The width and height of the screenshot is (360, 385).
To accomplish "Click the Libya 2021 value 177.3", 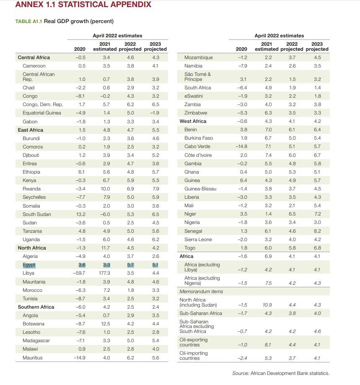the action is (104, 273).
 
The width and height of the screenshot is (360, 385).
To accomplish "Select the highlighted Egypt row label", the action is (29, 265).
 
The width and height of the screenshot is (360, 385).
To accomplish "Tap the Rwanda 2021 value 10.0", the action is (105, 189).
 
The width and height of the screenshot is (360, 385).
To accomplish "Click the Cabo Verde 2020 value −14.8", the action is (241, 147).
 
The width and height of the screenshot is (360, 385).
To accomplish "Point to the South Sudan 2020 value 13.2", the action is (81, 214).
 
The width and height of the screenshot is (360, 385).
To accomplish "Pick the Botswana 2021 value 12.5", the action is (106, 324).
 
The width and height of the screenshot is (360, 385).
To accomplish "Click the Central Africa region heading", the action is (34, 57).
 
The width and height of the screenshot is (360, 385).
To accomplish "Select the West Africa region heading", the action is (193, 121).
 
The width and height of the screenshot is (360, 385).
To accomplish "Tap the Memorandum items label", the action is (201, 291).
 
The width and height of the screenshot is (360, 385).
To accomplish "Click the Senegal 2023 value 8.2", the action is (317, 231).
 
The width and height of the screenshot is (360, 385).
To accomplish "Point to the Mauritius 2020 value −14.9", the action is (80, 358).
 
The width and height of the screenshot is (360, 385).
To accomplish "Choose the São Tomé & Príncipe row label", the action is (197, 77).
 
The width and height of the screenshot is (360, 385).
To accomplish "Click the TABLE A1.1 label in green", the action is (29, 21).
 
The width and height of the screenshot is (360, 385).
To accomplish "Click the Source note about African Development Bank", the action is (281, 373).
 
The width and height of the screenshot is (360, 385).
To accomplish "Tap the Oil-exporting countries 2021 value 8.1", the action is (268, 345).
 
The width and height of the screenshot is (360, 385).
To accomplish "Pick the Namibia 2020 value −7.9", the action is (243, 66).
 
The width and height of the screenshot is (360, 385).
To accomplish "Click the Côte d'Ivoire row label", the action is (198, 155).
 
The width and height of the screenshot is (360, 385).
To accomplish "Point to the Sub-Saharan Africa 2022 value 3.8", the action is (292, 313).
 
